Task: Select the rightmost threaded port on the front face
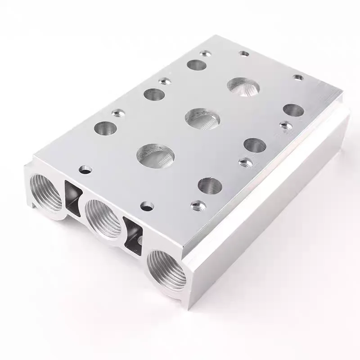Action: coord(166,270)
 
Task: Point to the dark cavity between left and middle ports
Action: coord(72,197)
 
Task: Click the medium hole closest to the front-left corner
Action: coord(105,128)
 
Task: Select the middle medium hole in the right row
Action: coord(254,144)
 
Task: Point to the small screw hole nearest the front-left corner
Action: coord(85,169)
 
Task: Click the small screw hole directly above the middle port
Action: coord(147,206)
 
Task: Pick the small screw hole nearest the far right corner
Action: coord(297,77)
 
